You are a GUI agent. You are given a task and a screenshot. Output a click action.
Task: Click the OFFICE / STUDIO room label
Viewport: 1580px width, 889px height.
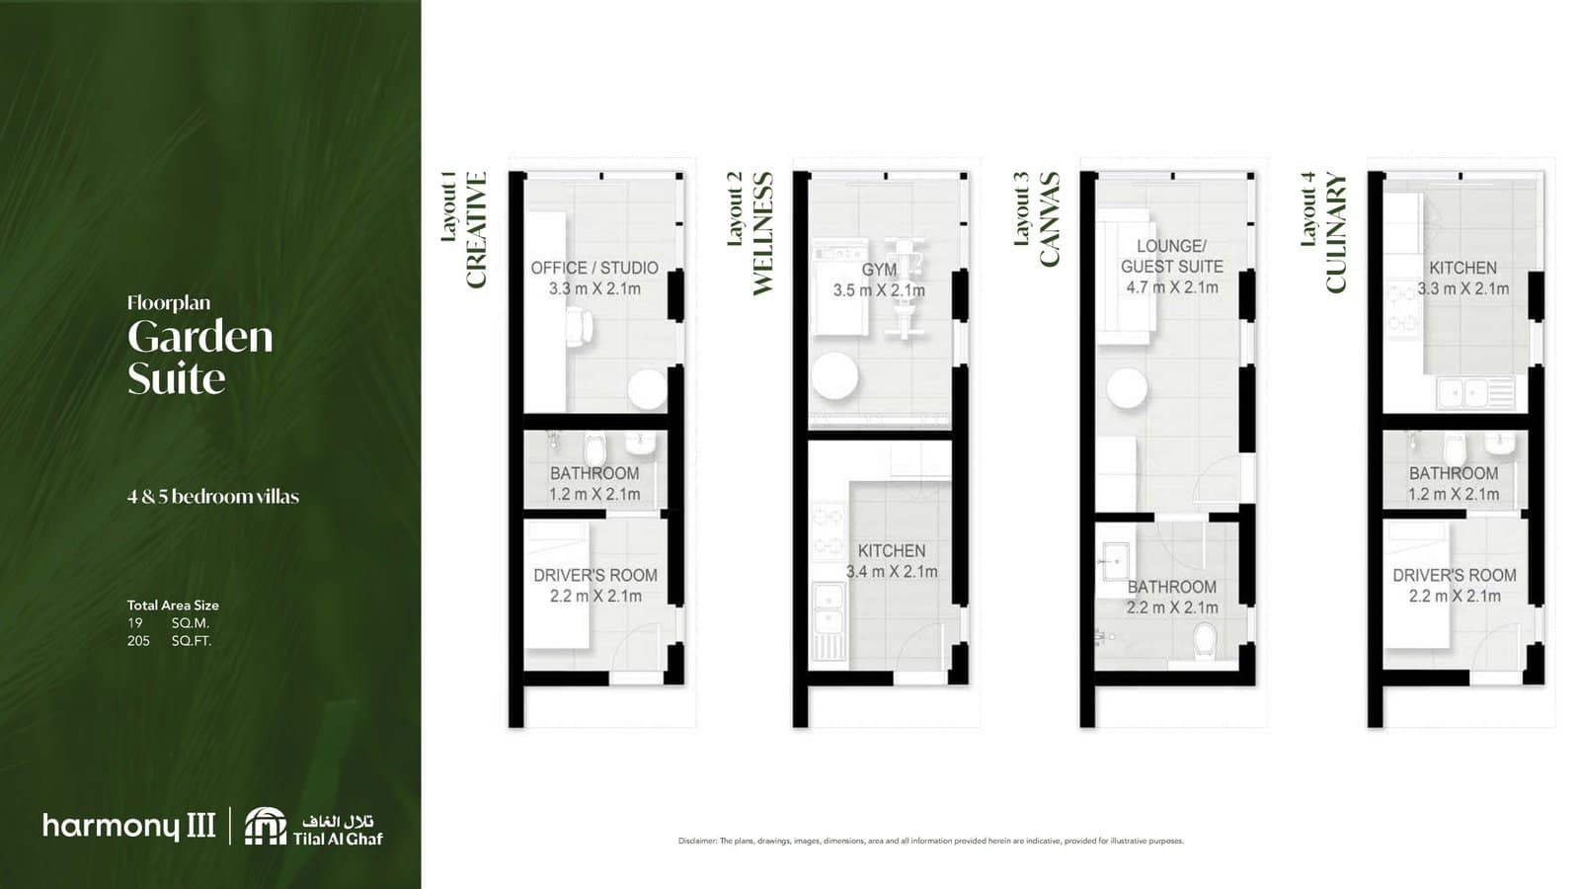[x=594, y=268]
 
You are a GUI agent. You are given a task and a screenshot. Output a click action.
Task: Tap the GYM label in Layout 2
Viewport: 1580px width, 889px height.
[x=879, y=270]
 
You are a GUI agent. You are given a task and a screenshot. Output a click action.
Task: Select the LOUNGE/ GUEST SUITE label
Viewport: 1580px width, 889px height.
[x=1172, y=256]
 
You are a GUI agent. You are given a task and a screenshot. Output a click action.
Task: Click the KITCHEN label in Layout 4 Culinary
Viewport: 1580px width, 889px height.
[x=1462, y=268]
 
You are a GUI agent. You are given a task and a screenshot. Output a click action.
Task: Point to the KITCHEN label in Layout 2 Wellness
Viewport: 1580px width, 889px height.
[x=892, y=551]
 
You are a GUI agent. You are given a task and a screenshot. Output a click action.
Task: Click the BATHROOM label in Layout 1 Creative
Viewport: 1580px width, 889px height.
[x=594, y=473]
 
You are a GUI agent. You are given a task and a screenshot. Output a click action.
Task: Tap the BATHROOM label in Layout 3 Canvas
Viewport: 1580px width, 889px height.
[x=1172, y=587]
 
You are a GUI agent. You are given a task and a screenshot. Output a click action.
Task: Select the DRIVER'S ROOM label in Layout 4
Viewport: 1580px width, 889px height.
[x=1455, y=575]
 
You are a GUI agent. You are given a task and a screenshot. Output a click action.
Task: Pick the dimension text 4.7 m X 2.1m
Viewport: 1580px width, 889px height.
[x=1172, y=287]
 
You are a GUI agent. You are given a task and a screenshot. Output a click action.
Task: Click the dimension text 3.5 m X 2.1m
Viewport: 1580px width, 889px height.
[x=879, y=290]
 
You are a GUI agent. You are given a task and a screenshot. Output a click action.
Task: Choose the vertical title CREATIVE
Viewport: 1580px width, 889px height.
[x=476, y=230]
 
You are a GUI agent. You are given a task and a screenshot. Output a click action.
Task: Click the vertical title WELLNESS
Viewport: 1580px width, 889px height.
[x=762, y=233]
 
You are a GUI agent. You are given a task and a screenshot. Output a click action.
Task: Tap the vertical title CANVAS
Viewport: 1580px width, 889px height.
[x=1049, y=219]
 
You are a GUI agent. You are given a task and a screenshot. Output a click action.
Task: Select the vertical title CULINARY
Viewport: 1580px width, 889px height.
[x=1335, y=233]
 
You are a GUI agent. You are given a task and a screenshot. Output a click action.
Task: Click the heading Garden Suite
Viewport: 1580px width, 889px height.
[x=199, y=358]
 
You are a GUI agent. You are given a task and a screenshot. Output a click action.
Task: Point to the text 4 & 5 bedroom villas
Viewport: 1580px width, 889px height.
[x=212, y=497]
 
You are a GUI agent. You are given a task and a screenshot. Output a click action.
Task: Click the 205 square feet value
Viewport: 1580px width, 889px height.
[x=138, y=641]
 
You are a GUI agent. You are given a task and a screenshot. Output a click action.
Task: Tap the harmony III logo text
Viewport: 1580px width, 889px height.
[x=128, y=826]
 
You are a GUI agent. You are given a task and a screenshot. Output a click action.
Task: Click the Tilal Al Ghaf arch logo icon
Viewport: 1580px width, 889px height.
[x=265, y=826]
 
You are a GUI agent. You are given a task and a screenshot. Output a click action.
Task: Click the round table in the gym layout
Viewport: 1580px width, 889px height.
[x=834, y=376]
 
